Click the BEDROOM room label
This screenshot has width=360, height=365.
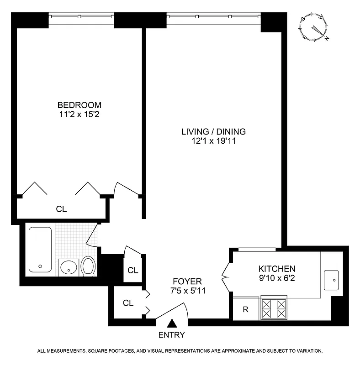(x=77, y=105)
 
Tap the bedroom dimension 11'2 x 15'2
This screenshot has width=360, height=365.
(x=77, y=115)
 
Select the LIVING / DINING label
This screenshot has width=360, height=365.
(x=213, y=131)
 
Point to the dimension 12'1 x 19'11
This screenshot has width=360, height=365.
(x=213, y=141)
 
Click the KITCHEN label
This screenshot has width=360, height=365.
(x=277, y=269)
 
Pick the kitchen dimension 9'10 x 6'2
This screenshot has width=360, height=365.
(x=277, y=278)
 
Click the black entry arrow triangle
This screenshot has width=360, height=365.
(x=172, y=323)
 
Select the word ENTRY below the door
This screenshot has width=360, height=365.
(x=172, y=335)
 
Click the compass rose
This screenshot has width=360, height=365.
(x=315, y=28)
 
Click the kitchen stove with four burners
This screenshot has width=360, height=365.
(x=274, y=309)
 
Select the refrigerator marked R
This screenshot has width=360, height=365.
(x=246, y=309)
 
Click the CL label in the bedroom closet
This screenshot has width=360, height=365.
(x=61, y=209)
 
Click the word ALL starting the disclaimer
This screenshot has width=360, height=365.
(x=42, y=351)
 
